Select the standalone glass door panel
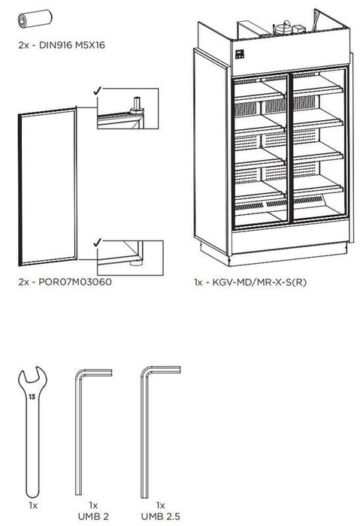pyautogui.click(x=47, y=188)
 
